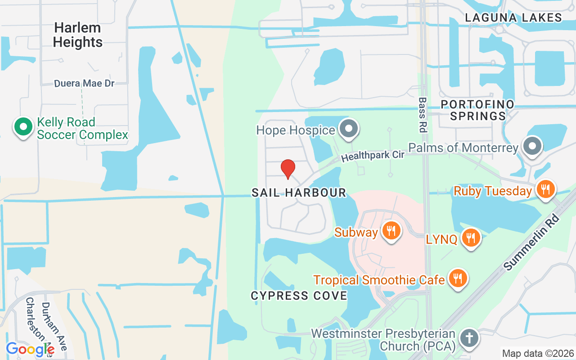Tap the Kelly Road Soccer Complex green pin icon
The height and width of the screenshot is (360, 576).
23,127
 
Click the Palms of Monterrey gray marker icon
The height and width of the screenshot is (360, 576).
532,147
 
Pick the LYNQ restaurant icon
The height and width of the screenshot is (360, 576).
471,238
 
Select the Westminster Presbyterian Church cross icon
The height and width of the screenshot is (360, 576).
469,338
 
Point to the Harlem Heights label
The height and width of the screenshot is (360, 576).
77,35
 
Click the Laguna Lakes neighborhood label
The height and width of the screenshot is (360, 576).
513,18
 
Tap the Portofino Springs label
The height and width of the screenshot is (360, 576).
477,110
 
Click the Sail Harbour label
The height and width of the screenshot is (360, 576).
299,193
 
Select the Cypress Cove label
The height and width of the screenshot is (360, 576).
299,296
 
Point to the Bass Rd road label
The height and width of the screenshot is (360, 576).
422,115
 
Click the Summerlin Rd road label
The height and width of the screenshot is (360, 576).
531,242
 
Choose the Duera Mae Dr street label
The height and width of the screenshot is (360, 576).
84,84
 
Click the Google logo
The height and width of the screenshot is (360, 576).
30,349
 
